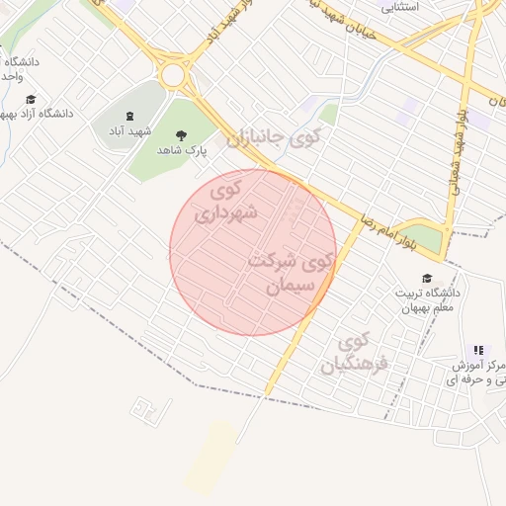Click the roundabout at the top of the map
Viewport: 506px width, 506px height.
click(x=177, y=73)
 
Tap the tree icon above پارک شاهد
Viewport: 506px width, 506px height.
click(x=180, y=133)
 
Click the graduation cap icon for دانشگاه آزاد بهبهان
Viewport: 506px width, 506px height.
click(x=30, y=99)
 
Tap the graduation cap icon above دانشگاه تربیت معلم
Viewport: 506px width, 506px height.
click(x=427, y=279)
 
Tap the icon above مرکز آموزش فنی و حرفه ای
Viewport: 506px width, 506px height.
click(x=478, y=350)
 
